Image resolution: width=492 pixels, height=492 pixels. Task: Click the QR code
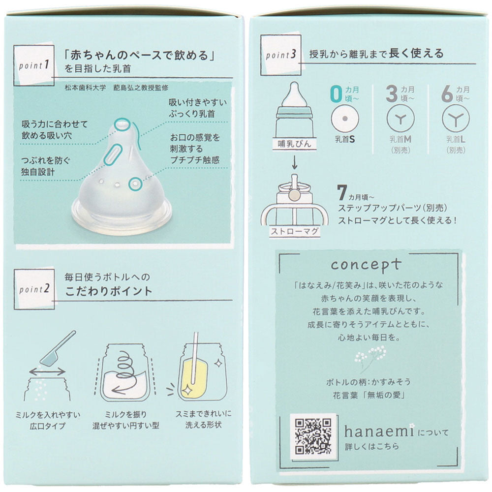tap(313, 436)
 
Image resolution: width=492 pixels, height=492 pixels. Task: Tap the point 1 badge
tap(34, 65)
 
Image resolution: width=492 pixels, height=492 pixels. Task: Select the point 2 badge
tap(34, 289)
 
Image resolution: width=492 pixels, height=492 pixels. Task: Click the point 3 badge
tap(281, 55)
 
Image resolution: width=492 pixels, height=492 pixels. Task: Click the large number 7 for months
tap(342, 192)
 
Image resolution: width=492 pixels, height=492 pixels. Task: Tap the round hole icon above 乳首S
tap(345, 119)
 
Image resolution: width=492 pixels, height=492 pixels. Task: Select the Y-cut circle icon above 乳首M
tap(400, 119)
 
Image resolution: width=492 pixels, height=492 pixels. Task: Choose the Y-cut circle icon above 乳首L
tap(456, 119)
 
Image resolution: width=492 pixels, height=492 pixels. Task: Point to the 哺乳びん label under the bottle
tap(294, 144)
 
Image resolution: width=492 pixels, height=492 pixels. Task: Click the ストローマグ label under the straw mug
tap(295, 232)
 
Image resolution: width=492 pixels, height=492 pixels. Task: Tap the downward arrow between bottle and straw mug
tap(294, 162)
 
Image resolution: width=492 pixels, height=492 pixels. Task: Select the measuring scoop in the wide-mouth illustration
tap(59, 348)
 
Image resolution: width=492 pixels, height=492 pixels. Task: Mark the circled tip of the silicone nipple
tap(122, 124)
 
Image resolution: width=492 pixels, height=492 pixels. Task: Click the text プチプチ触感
tap(194, 160)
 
